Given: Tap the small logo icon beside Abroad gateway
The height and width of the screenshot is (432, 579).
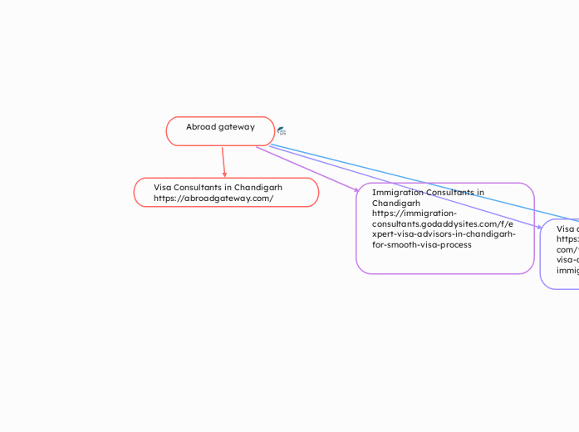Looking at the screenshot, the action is click(x=282, y=131).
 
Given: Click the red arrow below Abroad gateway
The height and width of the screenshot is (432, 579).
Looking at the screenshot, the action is click(x=223, y=162).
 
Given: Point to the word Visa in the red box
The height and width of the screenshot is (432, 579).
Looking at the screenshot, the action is click(x=162, y=187).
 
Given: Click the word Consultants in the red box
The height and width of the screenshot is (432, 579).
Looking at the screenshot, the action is click(x=201, y=187).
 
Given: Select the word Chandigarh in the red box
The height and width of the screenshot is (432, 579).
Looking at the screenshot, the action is click(x=258, y=187).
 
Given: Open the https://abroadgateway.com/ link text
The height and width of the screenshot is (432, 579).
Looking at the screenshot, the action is click(x=213, y=199).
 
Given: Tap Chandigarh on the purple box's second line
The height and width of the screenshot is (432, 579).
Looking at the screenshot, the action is click(x=396, y=203).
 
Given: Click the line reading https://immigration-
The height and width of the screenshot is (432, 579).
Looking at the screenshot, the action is click(x=415, y=214).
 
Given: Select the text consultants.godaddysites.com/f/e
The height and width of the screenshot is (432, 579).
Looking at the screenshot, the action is click(x=442, y=223).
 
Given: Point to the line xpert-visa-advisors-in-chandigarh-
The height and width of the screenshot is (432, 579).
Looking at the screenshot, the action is click(x=444, y=234).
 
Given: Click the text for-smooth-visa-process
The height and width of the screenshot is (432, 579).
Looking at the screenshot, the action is click(x=422, y=245).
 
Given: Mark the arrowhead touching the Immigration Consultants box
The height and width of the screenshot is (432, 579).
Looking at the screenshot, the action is click(x=357, y=190).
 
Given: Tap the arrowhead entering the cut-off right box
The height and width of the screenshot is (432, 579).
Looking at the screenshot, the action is click(x=540, y=227).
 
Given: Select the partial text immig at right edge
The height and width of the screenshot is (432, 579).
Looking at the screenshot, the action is click(x=567, y=271).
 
